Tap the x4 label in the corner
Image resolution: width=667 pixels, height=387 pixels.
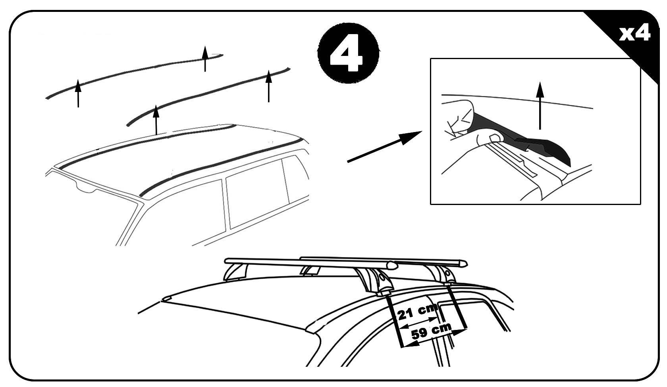coord(634,33)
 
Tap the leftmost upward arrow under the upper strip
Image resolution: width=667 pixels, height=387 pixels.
coord(78,93)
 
